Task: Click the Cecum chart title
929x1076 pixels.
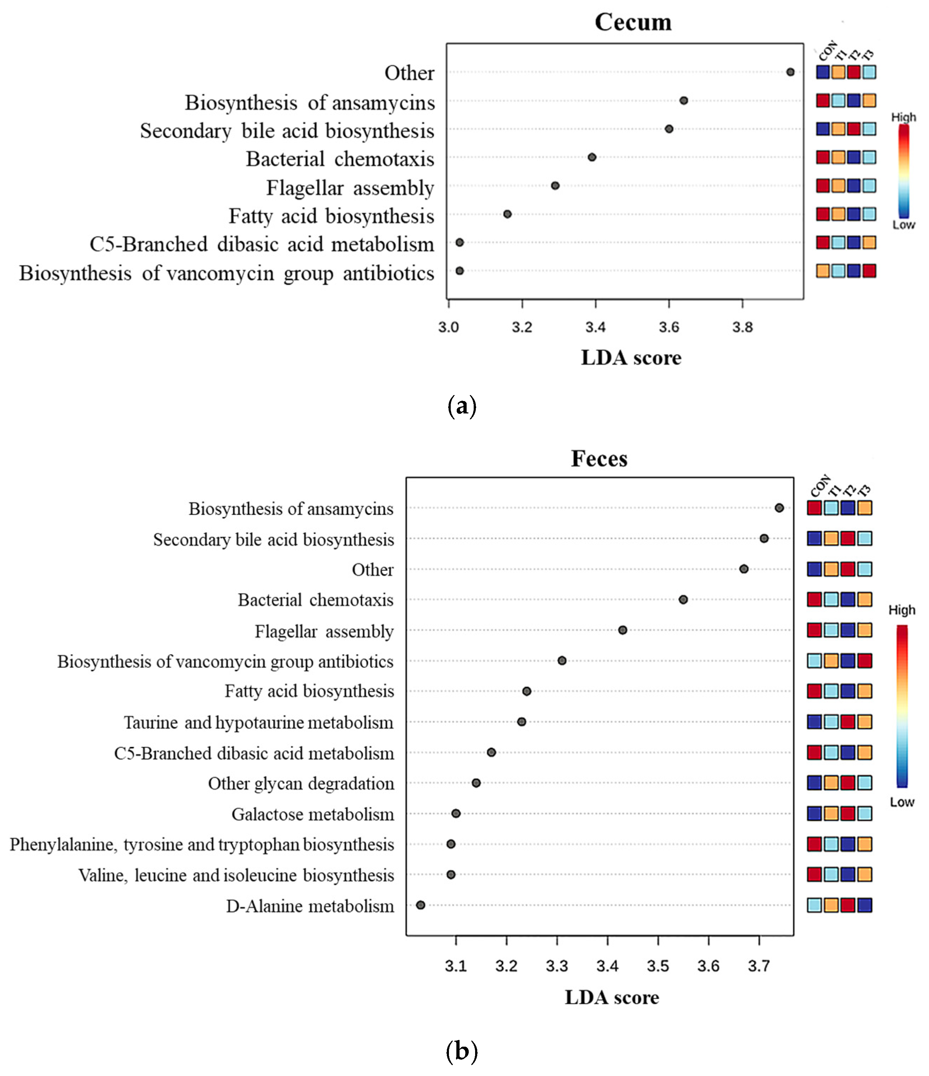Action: coord(633,22)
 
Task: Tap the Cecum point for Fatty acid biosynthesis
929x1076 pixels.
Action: coord(508,214)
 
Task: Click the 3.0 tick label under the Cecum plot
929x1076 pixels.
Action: coord(448,327)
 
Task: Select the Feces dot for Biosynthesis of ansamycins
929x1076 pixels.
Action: coord(779,508)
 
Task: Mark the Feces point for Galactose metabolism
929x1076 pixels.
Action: coord(456,813)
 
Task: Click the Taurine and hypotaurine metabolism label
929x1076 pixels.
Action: coord(258,722)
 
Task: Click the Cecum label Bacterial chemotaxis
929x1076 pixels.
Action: coord(340,159)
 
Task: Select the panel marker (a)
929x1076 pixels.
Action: coord(461,406)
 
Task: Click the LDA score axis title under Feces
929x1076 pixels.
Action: coord(612,997)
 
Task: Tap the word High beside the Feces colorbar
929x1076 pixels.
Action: coord(901,610)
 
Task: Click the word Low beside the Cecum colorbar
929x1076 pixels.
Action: coord(904,225)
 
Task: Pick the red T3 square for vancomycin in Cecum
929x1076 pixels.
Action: coord(869,271)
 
